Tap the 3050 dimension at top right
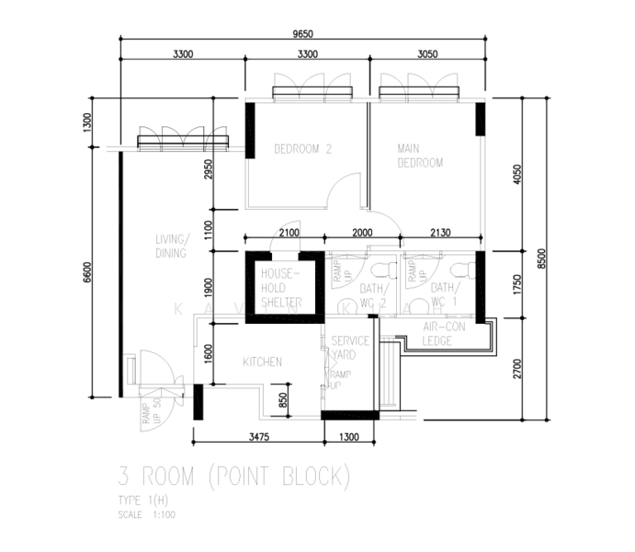[x=427, y=55]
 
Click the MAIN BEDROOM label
[x=419, y=155]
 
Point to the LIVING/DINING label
[x=172, y=247]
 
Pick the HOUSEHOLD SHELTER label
[x=281, y=288]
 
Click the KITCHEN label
[x=262, y=362]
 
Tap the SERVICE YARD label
[x=350, y=347]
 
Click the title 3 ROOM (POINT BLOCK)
[x=234, y=477]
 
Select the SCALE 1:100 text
[x=147, y=514]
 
